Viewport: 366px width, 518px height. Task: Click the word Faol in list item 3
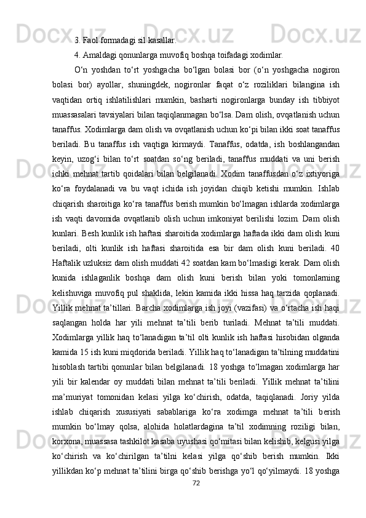tap(90, 41)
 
